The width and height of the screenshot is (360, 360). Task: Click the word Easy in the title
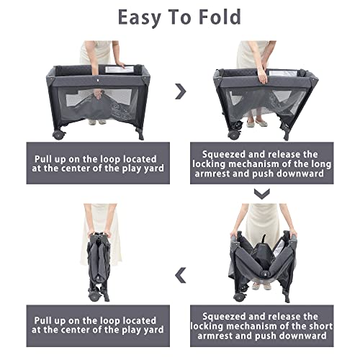[x=140, y=17]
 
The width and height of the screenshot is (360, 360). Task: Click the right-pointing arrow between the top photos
[x=181, y=91]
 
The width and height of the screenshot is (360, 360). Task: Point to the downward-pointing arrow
[x=262, y=194]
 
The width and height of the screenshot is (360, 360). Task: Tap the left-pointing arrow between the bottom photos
[x=181, y=275]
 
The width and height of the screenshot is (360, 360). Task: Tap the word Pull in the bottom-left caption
[x=42, y=320]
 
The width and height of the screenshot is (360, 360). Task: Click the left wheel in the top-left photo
[x=58, y=135]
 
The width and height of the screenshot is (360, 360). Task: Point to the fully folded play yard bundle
[x=99, y=266]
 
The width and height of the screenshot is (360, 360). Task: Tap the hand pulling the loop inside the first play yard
[x=98, y=94]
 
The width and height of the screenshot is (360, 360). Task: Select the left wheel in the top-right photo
[x=233, y=135]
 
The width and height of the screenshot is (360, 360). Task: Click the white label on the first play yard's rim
[x=119, y=70]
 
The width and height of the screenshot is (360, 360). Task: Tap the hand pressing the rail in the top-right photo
[x=263, y=76]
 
